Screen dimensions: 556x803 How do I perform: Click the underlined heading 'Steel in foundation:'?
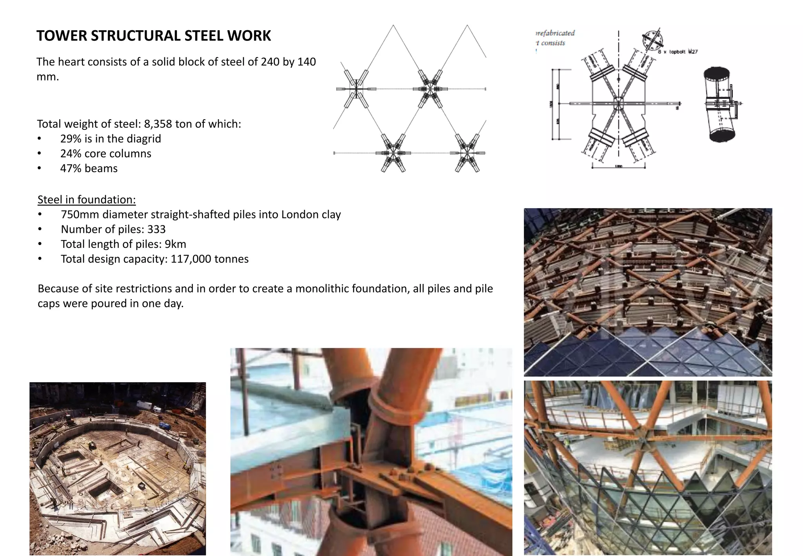[87, 200]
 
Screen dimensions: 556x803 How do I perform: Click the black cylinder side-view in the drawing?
[720, 104]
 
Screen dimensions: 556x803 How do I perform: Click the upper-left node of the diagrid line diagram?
[356, 89]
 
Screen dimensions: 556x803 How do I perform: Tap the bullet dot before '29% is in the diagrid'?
[39, 139]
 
